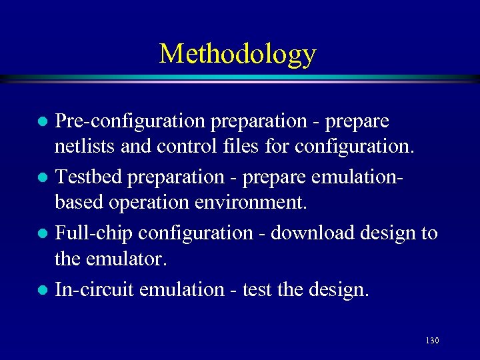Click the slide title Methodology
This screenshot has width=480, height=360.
[x=237, y=53]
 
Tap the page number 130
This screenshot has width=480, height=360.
[x=431, y=341]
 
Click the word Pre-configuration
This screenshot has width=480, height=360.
[x=131, y=122]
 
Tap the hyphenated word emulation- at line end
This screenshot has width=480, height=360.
[x=369, y=177]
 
